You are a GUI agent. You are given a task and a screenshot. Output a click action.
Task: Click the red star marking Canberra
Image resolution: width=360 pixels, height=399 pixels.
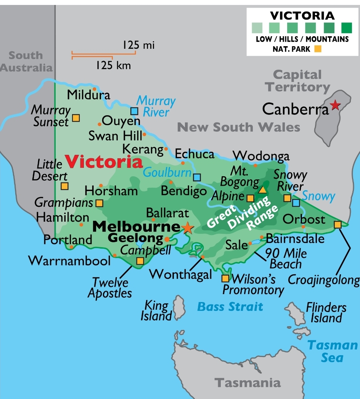[x=335, y=105]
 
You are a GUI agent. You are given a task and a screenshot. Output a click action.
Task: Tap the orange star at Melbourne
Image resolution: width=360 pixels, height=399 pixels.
[x=187, y=228]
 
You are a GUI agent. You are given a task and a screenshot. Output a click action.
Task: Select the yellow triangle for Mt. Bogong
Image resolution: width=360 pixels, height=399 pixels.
[x=262, y=189]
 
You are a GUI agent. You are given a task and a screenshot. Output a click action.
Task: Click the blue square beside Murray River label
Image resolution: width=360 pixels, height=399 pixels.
[x=134, y=111]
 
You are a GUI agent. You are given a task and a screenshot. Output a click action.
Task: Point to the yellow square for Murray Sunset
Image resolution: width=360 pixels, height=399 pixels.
[x=76, y=118]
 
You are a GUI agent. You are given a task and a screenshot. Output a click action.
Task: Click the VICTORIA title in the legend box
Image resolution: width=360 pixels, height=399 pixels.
[x=302, y=16]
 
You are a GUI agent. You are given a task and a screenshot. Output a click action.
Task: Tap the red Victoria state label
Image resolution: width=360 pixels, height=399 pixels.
[x=104, y=162]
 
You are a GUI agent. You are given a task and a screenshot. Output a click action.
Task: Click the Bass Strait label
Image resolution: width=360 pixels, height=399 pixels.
[x=230, y=306]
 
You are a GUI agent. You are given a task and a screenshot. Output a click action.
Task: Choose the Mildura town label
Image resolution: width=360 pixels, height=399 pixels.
[x=88, y=95]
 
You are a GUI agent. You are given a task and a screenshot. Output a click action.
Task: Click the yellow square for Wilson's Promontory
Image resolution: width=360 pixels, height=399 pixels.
[x=225, y=278]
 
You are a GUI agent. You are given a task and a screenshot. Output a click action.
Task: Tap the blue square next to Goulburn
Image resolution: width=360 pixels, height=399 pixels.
[x=197, y=177]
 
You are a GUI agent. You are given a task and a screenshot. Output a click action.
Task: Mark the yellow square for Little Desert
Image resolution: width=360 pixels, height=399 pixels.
[x=64, y=186]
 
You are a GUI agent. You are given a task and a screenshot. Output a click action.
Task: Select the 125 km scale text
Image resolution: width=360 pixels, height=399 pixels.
[x=113, y=65]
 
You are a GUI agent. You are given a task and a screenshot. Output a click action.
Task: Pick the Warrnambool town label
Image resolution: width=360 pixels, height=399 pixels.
[x=69, y=261]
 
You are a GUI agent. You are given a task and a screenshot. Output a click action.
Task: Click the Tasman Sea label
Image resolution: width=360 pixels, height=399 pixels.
[x=333, y=351]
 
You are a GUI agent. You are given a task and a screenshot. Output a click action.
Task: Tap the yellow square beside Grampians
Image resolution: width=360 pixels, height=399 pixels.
[x=99, y=203]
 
